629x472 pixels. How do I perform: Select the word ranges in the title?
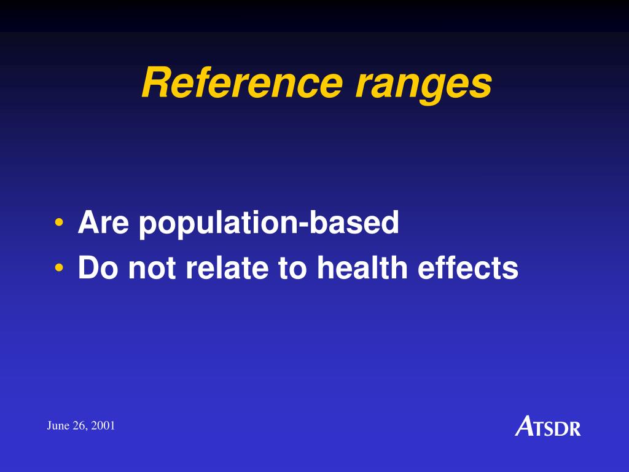tap(423, 85)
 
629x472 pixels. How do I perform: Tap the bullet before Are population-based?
tap(59, 222)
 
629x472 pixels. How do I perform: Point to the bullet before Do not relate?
tap(59, 267)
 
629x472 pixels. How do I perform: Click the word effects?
tap(468, 268)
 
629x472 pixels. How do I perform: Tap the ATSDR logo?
tap(547, 426)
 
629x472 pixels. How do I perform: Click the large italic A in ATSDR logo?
tap(525, 425)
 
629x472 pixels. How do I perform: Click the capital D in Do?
tap(90, 268)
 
